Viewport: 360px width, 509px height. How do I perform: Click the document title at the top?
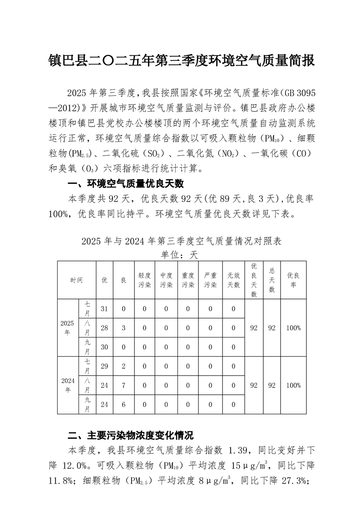click(x=181, y=60)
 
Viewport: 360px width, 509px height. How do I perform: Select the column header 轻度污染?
click(x=144, y=280)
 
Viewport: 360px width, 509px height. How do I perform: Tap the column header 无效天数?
click(x=233, y=280)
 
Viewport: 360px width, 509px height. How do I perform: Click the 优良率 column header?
click(x=294, y=280)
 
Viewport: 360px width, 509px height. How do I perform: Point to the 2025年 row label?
click(x=67, y=328)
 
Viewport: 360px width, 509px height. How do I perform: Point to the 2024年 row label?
click(x=68, y=385)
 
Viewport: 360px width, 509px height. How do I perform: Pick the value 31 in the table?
click(x=104, y=309)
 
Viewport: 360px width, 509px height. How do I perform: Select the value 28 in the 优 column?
click(x=104, y=328)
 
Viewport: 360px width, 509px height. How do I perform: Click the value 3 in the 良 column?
click(x=123, y=328)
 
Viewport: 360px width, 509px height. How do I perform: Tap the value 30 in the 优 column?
click(x=104, y=347)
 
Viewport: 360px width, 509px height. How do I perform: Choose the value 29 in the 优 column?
click(x=104, y=366)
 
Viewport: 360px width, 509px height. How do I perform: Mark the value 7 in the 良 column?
click(x=123, y=385)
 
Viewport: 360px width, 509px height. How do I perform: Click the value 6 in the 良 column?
click(x=123, y=404)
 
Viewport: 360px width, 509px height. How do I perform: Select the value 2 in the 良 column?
click(x=123, y=366)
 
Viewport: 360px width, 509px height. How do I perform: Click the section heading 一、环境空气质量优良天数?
click(x=125, y=184)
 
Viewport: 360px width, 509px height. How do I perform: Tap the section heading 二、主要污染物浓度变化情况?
click(x=131, y=436)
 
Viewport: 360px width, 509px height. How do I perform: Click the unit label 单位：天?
click(x=180, y=254)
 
